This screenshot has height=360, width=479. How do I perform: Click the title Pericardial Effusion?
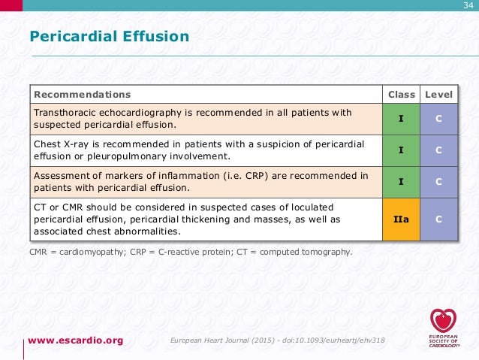pos(109,36)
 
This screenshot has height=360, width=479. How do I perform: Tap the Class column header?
pos(401,95)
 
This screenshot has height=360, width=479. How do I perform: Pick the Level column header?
pos(438,95)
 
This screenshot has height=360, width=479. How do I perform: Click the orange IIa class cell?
pos(401,219)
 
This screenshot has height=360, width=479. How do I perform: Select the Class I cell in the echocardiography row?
pos(401,119)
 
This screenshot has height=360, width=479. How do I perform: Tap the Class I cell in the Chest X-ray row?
pos(401,150)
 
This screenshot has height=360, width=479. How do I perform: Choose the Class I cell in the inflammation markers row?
pos(401,181)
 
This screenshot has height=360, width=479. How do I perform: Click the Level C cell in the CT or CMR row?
pos(438,219)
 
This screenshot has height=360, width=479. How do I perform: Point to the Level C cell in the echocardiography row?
pos(438,119)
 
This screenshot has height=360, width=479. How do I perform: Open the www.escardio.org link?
pos(76,340)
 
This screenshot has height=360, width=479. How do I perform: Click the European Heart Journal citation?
pos(278,341)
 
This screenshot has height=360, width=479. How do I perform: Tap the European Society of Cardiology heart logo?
pos(441,321)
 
